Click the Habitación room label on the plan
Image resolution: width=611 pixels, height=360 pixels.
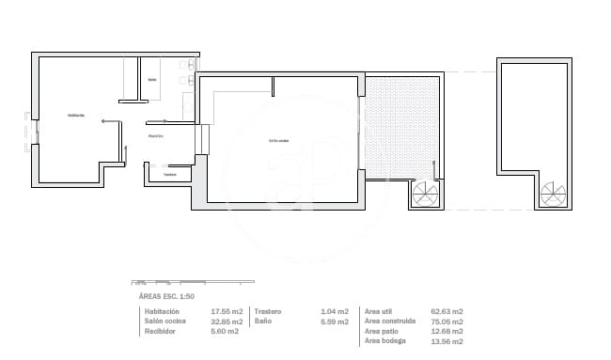(76, 116)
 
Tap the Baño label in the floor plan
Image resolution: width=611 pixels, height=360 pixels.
(152, 79)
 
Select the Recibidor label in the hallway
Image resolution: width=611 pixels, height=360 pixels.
(156, 137)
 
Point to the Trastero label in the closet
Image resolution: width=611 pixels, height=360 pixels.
(169, 174)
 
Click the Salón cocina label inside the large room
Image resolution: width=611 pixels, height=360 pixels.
(278, 141)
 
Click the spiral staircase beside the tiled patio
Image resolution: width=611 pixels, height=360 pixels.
(426, 195)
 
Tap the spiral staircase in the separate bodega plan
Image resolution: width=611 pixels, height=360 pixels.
(554, 195)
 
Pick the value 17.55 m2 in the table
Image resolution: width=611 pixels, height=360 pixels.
(227, 311)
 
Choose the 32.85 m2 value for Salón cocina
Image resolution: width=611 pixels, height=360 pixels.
(227, 321)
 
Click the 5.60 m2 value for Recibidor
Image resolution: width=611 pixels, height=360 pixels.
(225, 331)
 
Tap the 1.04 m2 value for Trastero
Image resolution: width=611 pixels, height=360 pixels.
(336, 311)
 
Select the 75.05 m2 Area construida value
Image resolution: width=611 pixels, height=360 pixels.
(446, 321)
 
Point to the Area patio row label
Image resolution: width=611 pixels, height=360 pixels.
(384, 331)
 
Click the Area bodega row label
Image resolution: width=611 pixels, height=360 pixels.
(387, 340)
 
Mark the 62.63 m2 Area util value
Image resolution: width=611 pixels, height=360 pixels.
(446, 311)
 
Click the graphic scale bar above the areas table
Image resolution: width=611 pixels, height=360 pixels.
(165, 282)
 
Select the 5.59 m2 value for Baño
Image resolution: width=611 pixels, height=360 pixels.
(336, 321)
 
